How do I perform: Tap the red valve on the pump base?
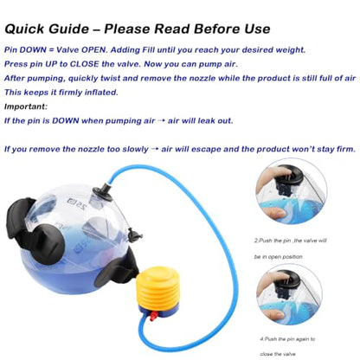coord(153,316)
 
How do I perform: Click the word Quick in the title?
coord(24,29)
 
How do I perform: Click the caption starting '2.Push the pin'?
coord(290,248)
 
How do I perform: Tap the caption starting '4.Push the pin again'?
coord(287,346)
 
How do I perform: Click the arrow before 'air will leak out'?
coord(162,121)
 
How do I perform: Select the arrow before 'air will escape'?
coord(155,150)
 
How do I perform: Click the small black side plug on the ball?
coord(134,235)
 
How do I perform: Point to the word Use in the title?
coord(257,29)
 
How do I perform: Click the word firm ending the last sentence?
coord(345,150)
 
